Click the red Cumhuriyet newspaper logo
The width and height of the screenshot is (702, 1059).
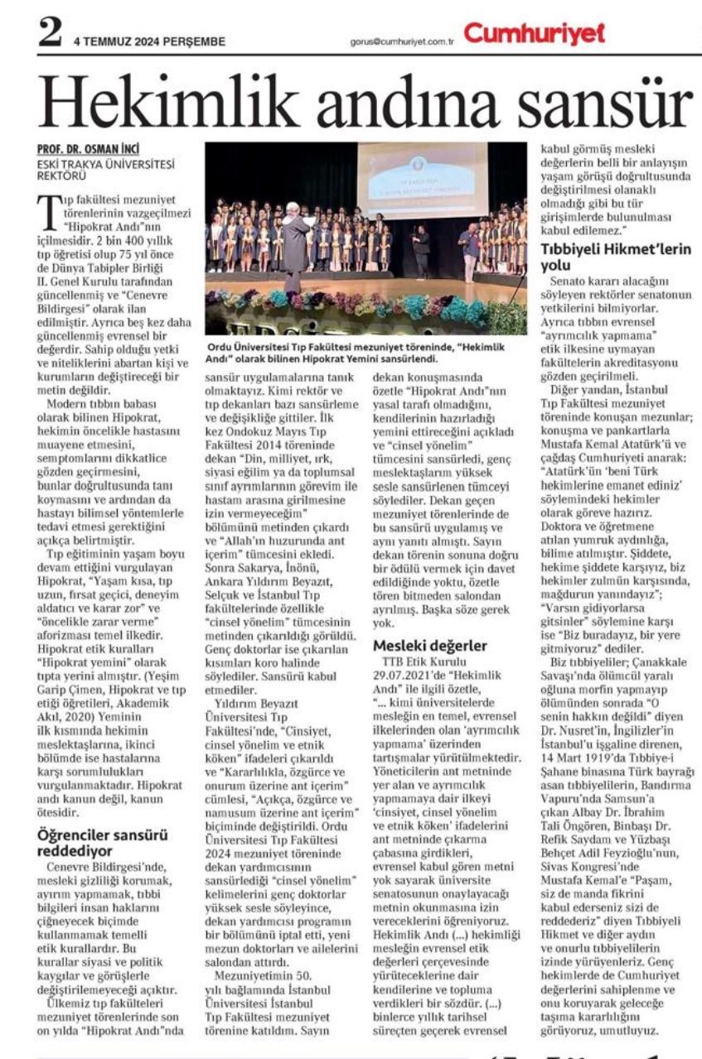click(x=534, y=33)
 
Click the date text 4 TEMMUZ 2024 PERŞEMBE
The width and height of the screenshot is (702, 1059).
click(x=148, y=41)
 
